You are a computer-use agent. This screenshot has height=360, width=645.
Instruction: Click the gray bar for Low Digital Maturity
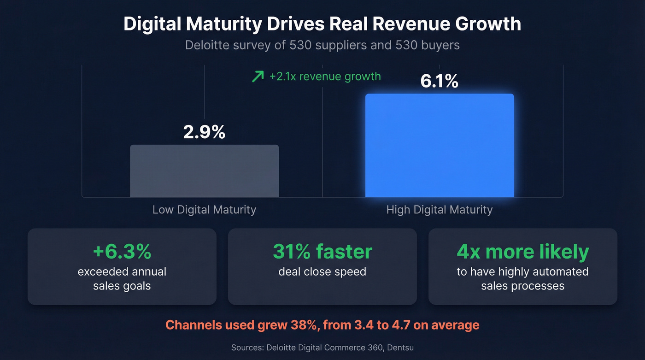(204, 171)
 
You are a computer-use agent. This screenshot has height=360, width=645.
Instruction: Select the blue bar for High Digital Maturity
(440, 146)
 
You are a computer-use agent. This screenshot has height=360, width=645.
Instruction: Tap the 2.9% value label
(204, 132)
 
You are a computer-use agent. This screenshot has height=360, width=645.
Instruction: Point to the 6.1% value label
(439, 82)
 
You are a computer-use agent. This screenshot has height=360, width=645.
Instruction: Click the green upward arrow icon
(258, 77)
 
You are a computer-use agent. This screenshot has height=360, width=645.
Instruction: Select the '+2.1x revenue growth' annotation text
(325, 77)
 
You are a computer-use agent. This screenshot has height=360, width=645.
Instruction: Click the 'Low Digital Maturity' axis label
(204, 210)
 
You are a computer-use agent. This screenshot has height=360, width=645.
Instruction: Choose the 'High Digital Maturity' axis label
(439, 210)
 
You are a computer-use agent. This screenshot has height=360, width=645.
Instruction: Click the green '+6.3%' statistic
(122, 252)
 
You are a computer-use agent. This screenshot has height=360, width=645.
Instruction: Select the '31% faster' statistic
(322, 252)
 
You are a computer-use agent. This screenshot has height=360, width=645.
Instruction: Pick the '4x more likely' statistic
(522, 252)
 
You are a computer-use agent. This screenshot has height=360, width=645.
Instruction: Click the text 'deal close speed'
(322, 271)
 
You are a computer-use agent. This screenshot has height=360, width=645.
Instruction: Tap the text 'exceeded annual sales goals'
(122, 278)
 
